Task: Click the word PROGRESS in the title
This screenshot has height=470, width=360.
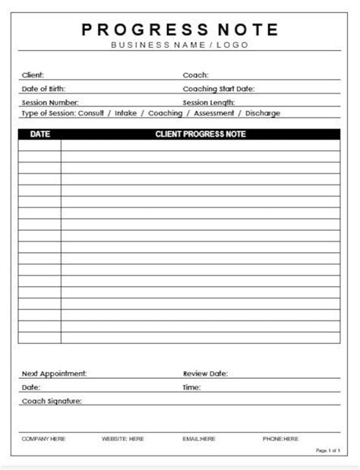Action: [x=142, y=30]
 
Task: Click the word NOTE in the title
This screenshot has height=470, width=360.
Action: [x=248, y=30]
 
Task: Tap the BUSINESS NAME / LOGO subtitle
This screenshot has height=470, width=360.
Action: [x=180, y=45]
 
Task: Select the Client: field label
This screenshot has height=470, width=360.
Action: [x=33, y=75]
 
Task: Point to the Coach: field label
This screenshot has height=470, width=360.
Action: [x=196, y=75]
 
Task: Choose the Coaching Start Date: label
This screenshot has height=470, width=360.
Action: [x=219, y=88]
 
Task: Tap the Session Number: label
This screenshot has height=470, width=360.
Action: [x=49, y=102]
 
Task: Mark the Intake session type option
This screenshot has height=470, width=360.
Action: [x=127, y=113]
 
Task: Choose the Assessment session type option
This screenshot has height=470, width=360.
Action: [x=213, y=113]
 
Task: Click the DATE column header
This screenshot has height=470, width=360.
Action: [x=39, y=134]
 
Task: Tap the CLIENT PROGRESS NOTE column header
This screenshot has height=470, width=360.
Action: [x=201, y=134]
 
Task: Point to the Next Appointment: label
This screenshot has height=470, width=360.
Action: [x=54, y=374]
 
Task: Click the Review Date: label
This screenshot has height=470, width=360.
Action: [x=205, y=374]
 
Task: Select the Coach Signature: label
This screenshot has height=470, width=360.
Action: [x=52, y=400]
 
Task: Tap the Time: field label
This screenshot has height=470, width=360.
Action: [x=191, y=387]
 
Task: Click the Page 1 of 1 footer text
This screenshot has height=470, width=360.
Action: [x=327, y=450]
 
